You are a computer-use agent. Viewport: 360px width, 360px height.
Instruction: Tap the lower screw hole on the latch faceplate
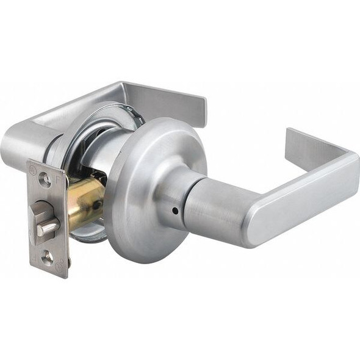click(47, 257)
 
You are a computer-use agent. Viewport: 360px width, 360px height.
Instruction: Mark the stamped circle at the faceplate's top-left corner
click(32, 167)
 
